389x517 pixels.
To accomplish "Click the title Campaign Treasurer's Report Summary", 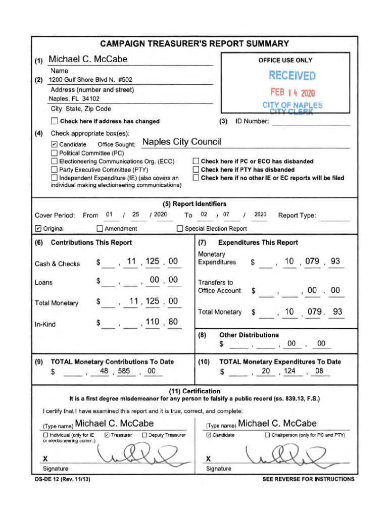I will (194, 44).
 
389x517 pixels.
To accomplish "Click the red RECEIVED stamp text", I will (292, 76).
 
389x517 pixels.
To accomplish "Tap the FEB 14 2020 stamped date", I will (292, 93).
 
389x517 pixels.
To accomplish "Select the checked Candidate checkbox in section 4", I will (55, 144).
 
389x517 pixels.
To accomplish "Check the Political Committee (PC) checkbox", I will (55, 153).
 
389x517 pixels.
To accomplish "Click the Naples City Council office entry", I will (182, 142).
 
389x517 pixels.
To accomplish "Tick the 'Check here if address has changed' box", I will (55, 121).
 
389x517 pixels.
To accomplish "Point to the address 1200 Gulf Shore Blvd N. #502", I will (90, 80).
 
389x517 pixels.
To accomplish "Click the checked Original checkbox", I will (38, 229).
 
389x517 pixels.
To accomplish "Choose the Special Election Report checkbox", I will (180, 229).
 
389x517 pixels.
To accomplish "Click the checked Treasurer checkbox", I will (107, 435).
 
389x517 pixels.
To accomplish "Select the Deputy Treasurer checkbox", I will (144, 435).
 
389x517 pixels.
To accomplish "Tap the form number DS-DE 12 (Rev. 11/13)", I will (60, 479).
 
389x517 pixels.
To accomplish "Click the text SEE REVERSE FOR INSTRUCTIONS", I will (308, 479).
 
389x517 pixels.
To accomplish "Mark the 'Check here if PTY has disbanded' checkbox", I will (196, 170).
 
